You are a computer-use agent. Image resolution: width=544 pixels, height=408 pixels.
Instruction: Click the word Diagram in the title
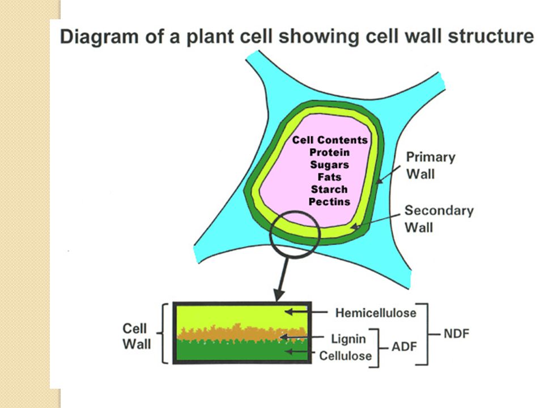click(x=99, y=37)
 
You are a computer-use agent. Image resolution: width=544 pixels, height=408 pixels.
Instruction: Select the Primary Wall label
click(x=431, y=165)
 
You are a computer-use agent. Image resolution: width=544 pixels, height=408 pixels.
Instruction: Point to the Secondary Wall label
click(x=439, y=219)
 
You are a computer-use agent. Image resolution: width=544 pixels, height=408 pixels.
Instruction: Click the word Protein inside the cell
click(x=330, y=152)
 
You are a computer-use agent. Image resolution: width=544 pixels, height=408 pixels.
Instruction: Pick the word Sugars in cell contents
click(x=330, y=165)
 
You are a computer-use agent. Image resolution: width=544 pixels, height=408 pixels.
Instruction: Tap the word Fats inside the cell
click(x=330, y=177)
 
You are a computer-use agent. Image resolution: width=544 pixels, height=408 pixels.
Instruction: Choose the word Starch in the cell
click(x=329, y=189)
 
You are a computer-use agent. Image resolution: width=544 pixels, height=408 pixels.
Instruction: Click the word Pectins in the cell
click(x=330, y=202)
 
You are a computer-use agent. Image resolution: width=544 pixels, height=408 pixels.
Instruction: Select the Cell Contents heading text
click(x=330, y=140)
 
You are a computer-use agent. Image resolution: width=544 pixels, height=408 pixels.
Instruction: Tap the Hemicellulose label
click(x=376, y=313)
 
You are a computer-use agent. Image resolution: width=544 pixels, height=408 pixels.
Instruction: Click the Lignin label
click(x=348, y=339)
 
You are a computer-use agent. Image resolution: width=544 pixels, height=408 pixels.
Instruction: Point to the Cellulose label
click(x=346, y=356)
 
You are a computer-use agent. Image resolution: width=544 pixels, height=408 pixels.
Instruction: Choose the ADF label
click(x=404, y=347)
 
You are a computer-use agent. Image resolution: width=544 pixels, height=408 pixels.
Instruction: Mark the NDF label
click(x=457, y=334)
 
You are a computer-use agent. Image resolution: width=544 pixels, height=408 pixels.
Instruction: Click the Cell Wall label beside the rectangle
click(x=137, y=336)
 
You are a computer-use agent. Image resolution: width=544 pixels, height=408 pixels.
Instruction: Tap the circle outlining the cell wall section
click(x=270, y=235)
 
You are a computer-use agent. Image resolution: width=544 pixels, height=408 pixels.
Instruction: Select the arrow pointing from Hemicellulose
click(x=306, y=312)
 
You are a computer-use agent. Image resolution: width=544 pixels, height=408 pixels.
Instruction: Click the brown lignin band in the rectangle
click(x=242, y=333)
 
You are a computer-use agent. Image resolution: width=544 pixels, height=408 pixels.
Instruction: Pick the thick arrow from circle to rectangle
click(x=282, y=279)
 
